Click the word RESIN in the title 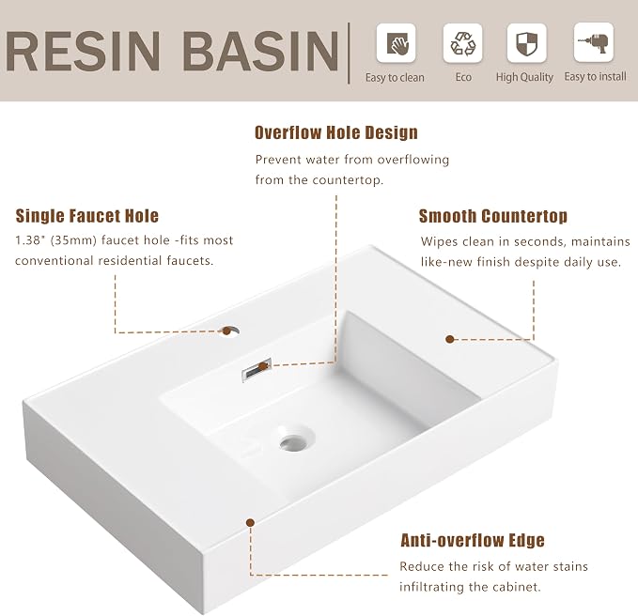coord(83,51)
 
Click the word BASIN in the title coord(261,51)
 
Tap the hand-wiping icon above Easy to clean coord(396,43)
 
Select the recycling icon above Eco coord(462,43)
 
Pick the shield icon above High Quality coord(526,43)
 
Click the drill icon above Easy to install coord(594,42)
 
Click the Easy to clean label coord(395,77)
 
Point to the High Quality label coord(524,77)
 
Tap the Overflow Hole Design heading coord(336,132)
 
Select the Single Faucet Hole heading coord(87,215)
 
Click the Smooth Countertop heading coord(493,216)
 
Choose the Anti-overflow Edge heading coord(473,540)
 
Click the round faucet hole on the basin coord(231,331)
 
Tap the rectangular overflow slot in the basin coord(257,369)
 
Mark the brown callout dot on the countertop coord(450,339)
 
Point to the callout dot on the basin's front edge coord(251,522)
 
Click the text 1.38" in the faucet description coord(29,239)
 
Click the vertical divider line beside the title coord(349,54)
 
